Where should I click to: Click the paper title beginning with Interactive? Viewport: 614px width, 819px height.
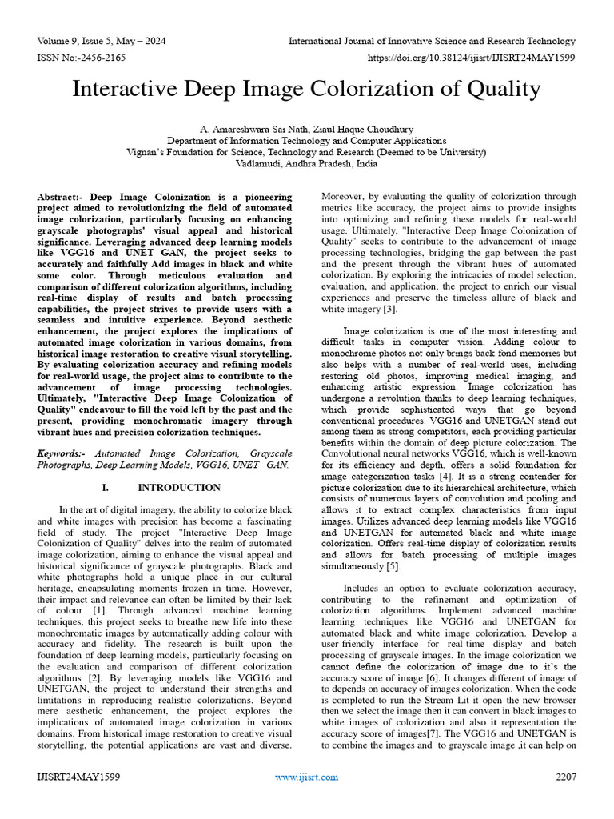tap(306, 88)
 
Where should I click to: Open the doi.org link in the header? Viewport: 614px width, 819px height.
tap(471, 58)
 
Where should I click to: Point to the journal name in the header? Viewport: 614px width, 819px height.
tap(432, 41)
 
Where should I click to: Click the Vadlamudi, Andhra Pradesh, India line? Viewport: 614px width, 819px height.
tap(306, 163)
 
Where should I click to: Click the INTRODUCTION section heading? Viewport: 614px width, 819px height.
tap(179, 487)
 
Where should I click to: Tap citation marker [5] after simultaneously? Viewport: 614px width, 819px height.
tap(392, 565)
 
